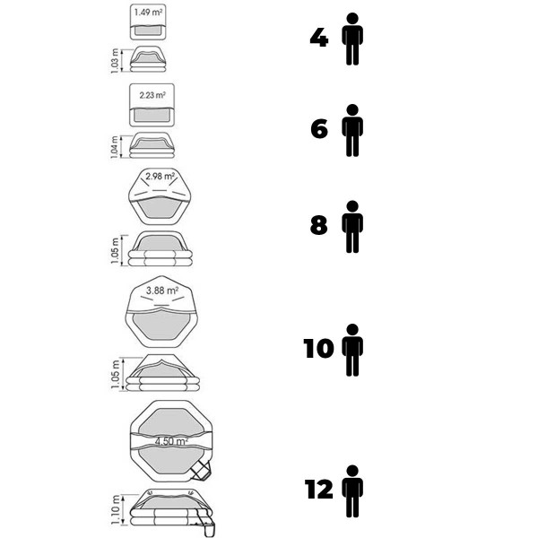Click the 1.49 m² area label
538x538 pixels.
[148, 13]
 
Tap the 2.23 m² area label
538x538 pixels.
[152, 95]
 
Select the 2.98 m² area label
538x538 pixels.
[160, 177]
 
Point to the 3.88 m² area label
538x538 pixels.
[162, 291]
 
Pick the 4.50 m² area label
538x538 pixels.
[171, 441]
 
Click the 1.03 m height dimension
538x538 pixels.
[115, 61]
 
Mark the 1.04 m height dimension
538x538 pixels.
[114, 147]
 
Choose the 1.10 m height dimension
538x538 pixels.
[116, 509]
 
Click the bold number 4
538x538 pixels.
[318, 38]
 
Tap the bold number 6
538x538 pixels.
[319, 129]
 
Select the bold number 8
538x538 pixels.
[318, 225]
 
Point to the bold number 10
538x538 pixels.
[318, 349]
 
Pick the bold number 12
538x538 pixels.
[318, 490]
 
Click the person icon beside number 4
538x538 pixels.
[352, 39]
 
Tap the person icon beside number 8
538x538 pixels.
[352, 227]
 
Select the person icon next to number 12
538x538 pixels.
[352, 491]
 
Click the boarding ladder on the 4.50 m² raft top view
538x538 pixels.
[202, 470]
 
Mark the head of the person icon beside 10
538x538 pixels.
[352, 329]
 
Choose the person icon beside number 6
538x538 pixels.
[352, 130]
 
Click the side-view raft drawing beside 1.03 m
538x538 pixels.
[148, 59]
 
